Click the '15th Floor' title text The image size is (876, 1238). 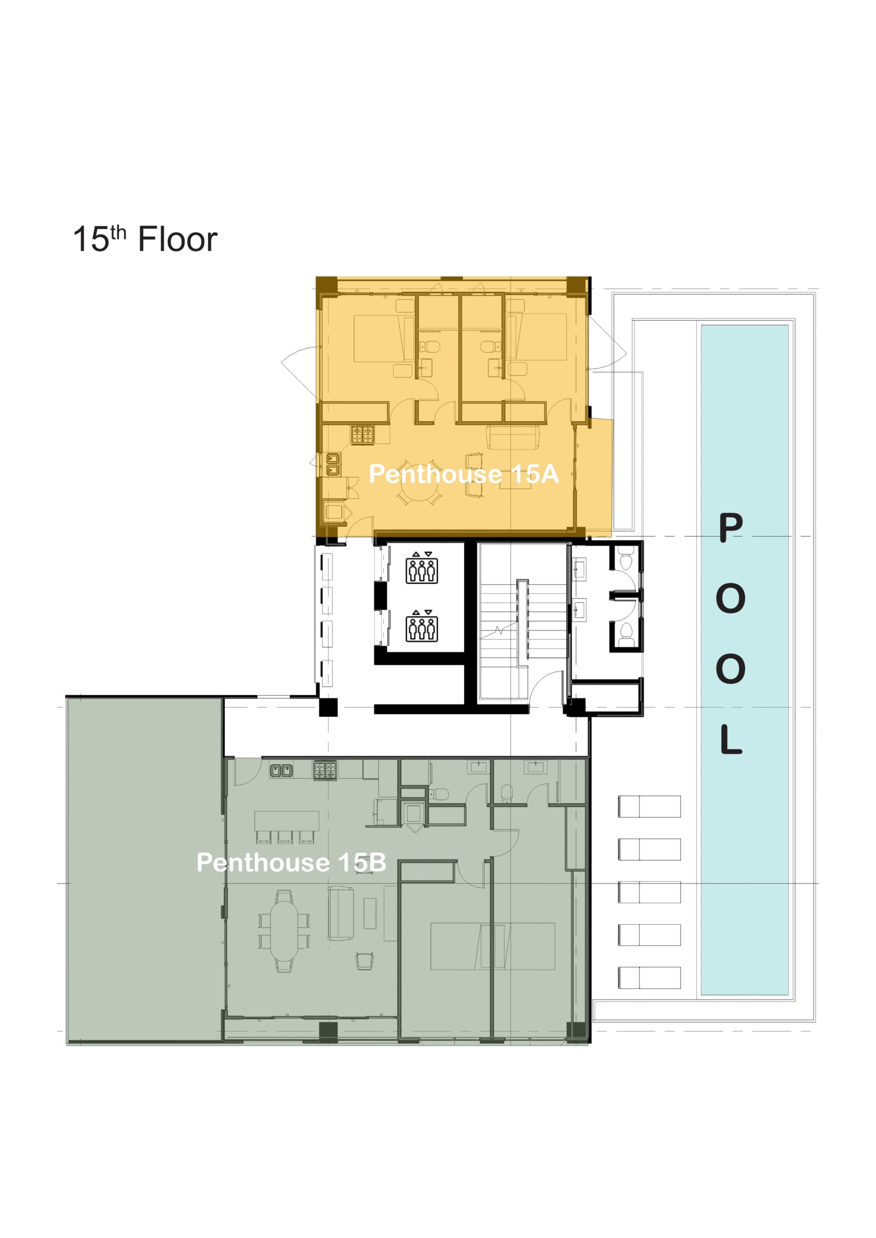coord(145,239)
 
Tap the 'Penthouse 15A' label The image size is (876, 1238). coord(463,474)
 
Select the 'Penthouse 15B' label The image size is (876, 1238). coord(291,862)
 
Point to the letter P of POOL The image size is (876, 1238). coord(731,528)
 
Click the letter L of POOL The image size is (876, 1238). coord(731,739)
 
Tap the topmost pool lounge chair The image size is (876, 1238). coord(649,807)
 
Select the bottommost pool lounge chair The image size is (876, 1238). coord(649,977)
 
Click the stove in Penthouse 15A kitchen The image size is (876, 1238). coord(362,435)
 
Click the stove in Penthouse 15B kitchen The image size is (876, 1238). coord(325,770)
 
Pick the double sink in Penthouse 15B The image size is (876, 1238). coord(282,771)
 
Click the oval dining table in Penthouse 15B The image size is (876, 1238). coord(284,930)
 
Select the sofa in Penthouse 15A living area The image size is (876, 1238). coord(513,437)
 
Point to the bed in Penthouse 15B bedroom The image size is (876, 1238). coord(492,946)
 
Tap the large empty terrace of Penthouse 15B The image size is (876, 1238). coord(145,868)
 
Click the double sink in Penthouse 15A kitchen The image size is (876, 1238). coord(333,465)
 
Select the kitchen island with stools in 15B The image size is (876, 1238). coord(286,822)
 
